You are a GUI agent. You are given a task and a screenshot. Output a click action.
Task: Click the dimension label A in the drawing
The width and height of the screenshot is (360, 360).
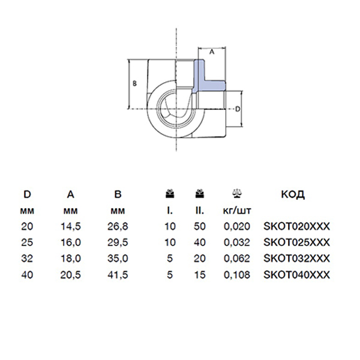pos(212,52)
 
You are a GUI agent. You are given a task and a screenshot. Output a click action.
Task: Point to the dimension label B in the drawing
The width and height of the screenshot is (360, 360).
pos(135,83)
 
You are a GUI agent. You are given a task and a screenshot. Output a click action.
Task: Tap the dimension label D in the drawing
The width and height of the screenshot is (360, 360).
pos(238,109)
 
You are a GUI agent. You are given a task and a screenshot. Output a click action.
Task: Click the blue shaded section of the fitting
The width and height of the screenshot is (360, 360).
pos(206,77)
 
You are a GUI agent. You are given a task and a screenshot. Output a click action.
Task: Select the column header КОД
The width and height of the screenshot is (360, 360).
pos(293,194)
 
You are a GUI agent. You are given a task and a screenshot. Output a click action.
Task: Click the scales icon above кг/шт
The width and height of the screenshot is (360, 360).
pos(237,193)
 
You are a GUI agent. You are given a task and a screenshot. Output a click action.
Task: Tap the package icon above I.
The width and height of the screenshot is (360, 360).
pos(170,193)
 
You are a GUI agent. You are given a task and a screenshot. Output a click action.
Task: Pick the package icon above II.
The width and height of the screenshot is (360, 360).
pos(200,193)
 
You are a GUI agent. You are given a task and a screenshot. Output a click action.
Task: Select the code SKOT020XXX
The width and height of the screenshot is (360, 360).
pos(296,226)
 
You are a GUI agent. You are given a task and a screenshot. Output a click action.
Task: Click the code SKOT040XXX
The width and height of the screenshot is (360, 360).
pos(296,275)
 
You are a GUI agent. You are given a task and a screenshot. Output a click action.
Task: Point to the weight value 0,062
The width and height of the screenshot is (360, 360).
pos(237,259)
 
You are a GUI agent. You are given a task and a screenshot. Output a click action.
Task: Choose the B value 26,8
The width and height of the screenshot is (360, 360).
pos(118,226)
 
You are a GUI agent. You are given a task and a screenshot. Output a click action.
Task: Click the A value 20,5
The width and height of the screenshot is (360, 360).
pos(70,275)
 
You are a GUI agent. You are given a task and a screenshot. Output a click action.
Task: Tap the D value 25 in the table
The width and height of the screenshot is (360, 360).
pos(27,242)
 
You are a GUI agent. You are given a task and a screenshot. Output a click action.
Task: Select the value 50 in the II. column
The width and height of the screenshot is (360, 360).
pos(200,226)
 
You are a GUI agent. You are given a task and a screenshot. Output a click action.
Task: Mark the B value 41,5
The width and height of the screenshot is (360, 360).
pos(118,275)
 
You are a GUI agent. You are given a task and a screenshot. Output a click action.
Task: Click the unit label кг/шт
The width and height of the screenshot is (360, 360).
pos(237,211)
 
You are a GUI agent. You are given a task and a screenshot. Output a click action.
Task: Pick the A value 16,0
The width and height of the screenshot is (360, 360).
pos(70,242)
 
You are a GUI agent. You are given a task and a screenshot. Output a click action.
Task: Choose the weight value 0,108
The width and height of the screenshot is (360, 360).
pos(237,275)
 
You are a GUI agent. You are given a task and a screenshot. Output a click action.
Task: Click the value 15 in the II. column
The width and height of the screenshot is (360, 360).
pos(200,275)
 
